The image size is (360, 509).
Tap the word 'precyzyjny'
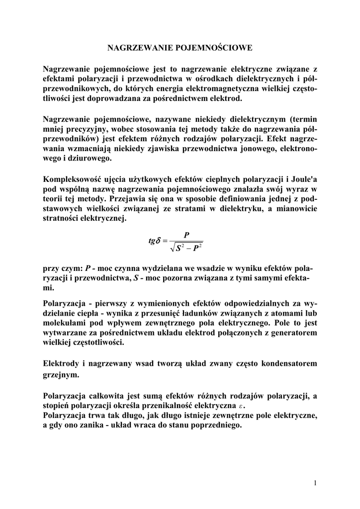84,130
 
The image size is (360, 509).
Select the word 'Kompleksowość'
73,179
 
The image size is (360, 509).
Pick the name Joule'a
303,179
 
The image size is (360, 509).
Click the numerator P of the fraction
186,234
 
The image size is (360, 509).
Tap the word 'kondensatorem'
286,364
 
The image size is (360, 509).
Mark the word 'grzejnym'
61,376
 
